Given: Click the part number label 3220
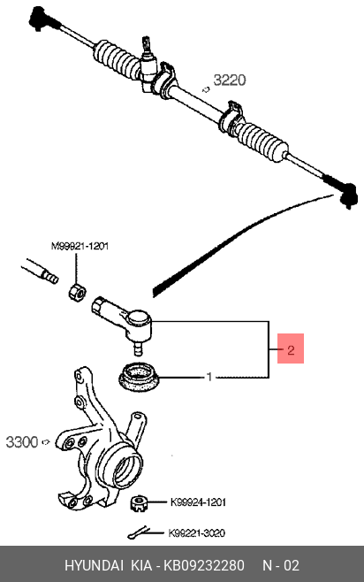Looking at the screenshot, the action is [230, 80].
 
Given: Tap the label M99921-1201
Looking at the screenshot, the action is [80, 246].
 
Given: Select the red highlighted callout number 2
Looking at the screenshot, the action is [291, 348].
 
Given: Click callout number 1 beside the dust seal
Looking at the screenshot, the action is [209, 377].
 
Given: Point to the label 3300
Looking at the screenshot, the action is [22, 442].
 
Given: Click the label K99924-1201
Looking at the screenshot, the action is [198, 502].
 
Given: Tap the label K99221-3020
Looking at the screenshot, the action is [196, 533].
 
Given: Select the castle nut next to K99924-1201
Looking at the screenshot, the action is [139, 503].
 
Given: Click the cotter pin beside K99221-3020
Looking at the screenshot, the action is [139, 533].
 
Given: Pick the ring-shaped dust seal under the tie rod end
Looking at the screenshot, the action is [139, 377].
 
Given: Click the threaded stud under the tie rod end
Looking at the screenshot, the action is [139, 348].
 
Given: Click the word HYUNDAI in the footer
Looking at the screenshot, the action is [94, 566].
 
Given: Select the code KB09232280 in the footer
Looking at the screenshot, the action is [204, 566].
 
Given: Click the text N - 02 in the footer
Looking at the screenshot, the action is [281, 566].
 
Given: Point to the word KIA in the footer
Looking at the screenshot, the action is [141, 566].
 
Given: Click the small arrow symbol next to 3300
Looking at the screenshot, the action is [46, 442].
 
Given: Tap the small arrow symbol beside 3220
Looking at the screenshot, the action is [206, 89].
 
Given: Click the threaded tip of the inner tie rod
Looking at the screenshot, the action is [50, 277].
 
